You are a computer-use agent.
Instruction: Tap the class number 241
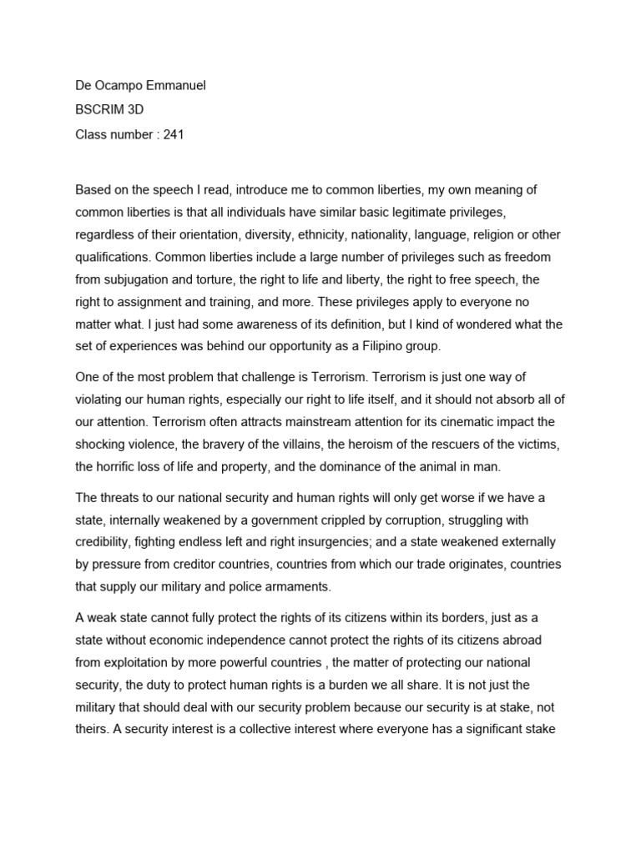click(x=174, y=134)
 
